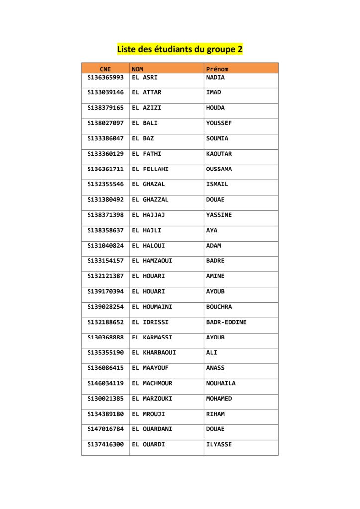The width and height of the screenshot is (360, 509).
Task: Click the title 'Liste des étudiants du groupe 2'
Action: pos(180,49)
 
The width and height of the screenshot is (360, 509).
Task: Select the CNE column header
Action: pos(105,69)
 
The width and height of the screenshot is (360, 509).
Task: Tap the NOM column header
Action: pos(138,69)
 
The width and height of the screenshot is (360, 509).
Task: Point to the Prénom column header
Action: pos(217,69)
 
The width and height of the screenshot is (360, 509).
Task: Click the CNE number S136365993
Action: pos(105,78)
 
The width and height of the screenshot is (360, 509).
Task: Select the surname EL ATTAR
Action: pos(147,93)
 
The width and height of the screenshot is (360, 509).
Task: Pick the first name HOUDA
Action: pos(215,108)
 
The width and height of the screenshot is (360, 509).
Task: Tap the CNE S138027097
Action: pos(105,123)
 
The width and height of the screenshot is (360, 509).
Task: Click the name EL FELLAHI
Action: pos(150,169)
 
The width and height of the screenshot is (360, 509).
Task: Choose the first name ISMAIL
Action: pos(217,184)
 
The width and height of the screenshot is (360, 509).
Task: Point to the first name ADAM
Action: pos(214,246)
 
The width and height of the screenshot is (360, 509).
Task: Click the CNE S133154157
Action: pos(105,261)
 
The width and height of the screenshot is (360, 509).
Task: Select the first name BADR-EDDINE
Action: pos(226,322)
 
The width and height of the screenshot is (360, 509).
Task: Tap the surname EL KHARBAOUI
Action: pos(154,353)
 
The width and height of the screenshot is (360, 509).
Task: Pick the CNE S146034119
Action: pos(105,383)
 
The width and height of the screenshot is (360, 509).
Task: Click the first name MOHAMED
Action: pos(219,399)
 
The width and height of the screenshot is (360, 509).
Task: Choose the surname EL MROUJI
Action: pos(149,414)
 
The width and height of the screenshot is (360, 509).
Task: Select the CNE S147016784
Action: pos(105,429)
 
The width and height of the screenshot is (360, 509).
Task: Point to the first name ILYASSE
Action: pos(219,444)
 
